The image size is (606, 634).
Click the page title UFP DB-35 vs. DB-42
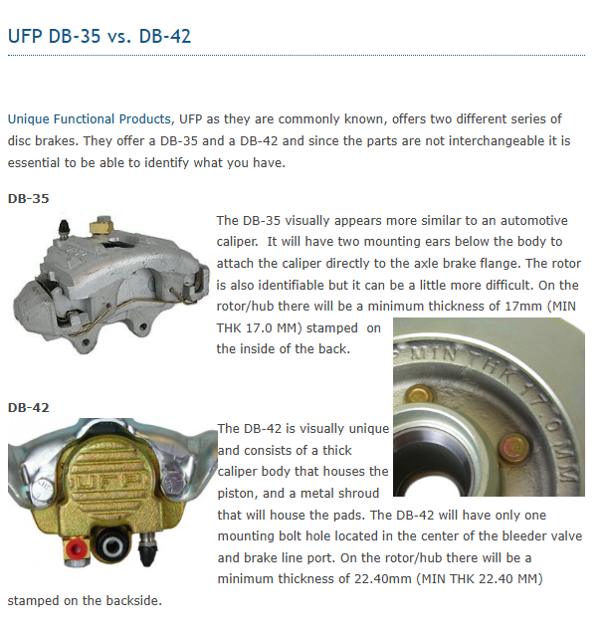coord(100,37)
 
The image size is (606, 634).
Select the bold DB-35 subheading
coord(28,198)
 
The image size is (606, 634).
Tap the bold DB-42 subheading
coord(28,407)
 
